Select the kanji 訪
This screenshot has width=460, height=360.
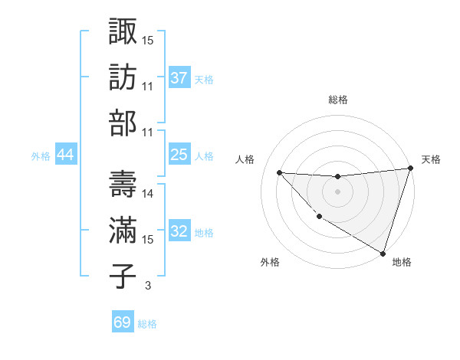[123, 77]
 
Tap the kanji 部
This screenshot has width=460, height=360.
[123, 123]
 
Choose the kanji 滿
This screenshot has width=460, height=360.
[123, 230]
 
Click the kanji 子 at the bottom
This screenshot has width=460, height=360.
[123, 276]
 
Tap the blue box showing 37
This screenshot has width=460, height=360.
[179, 77]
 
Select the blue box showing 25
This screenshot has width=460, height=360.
[179, 155]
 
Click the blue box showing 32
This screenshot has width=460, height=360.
[179, 231]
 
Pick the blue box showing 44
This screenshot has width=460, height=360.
[65, 155]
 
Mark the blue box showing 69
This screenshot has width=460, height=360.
[123, 322]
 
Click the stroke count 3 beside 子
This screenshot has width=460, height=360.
[147, 286]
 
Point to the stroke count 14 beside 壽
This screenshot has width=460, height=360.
[149, 194]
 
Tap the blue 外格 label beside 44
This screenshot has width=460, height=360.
[41, 155]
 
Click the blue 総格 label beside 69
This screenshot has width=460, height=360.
[147, 323]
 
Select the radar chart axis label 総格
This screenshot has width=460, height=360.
[337, 100]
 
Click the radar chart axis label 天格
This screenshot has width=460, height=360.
[431, 159]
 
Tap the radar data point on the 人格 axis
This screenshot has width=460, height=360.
[279, 172]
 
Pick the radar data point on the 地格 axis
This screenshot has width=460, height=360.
[383, 252]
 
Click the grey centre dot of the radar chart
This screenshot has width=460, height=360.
[337, 191]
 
